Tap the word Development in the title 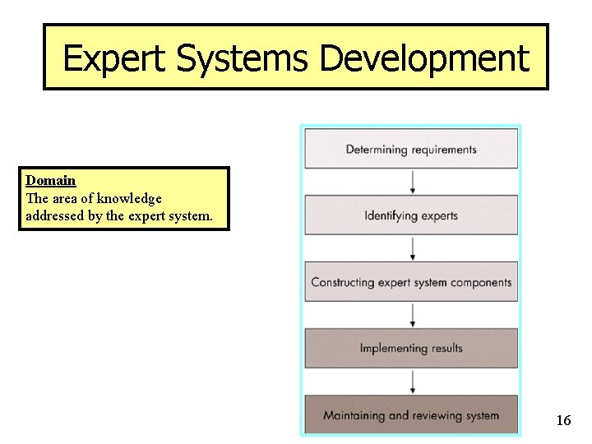(424, 59)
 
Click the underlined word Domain (51, 180)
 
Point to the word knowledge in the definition (129, 198)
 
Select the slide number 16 (563, 421)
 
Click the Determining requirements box (411, 149)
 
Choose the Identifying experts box (411, 215)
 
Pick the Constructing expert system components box (411, 282)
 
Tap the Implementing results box (411, 349)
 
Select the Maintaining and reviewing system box (411, 415)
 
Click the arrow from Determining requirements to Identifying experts (412, 182)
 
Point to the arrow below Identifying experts (412, 248)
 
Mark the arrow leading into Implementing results (412, 315)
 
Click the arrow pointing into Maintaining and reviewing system (412, 382)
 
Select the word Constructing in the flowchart (343, 282)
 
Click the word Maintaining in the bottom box (354, 415)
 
